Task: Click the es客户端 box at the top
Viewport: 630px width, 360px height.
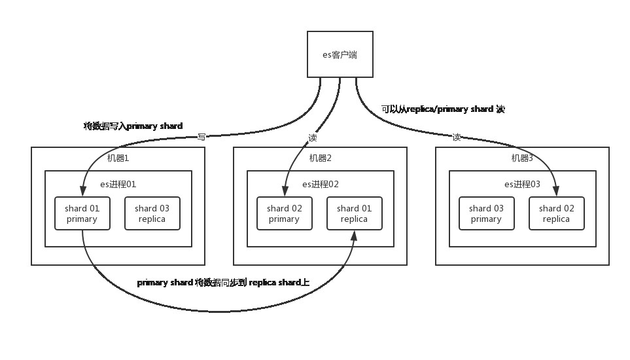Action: click(340, 54)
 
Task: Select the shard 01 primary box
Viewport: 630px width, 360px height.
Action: click(82, 213)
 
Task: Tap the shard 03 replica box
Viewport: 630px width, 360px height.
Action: click(152, 213)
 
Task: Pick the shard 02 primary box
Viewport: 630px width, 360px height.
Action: click(284, 213)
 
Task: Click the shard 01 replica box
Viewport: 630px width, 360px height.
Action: click(354, 213)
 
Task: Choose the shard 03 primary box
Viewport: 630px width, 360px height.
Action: click(486, 213)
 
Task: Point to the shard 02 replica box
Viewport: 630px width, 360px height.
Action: click(557, 213)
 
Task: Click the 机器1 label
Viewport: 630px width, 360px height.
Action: click(118, 158)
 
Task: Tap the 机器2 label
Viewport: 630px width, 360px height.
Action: click(321, 158)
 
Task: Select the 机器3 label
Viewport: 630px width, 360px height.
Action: click(523, 158)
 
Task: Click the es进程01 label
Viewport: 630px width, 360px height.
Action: click(118, 185)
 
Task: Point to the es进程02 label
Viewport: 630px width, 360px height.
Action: click(321, 185)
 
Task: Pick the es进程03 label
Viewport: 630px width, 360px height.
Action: click(523, 185)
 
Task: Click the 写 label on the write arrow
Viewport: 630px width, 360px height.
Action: click(201, 137)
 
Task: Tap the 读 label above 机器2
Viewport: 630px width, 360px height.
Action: click(312, 138)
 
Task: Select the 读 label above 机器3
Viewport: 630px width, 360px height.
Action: click(456, 137)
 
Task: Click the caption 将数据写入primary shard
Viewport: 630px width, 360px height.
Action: click(133, 126)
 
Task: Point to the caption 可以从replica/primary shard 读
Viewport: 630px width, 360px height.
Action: click(443, 109)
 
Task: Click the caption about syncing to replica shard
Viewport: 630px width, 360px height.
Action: click(223, 283)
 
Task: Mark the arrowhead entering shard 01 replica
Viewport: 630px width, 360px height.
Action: click(354, 236)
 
